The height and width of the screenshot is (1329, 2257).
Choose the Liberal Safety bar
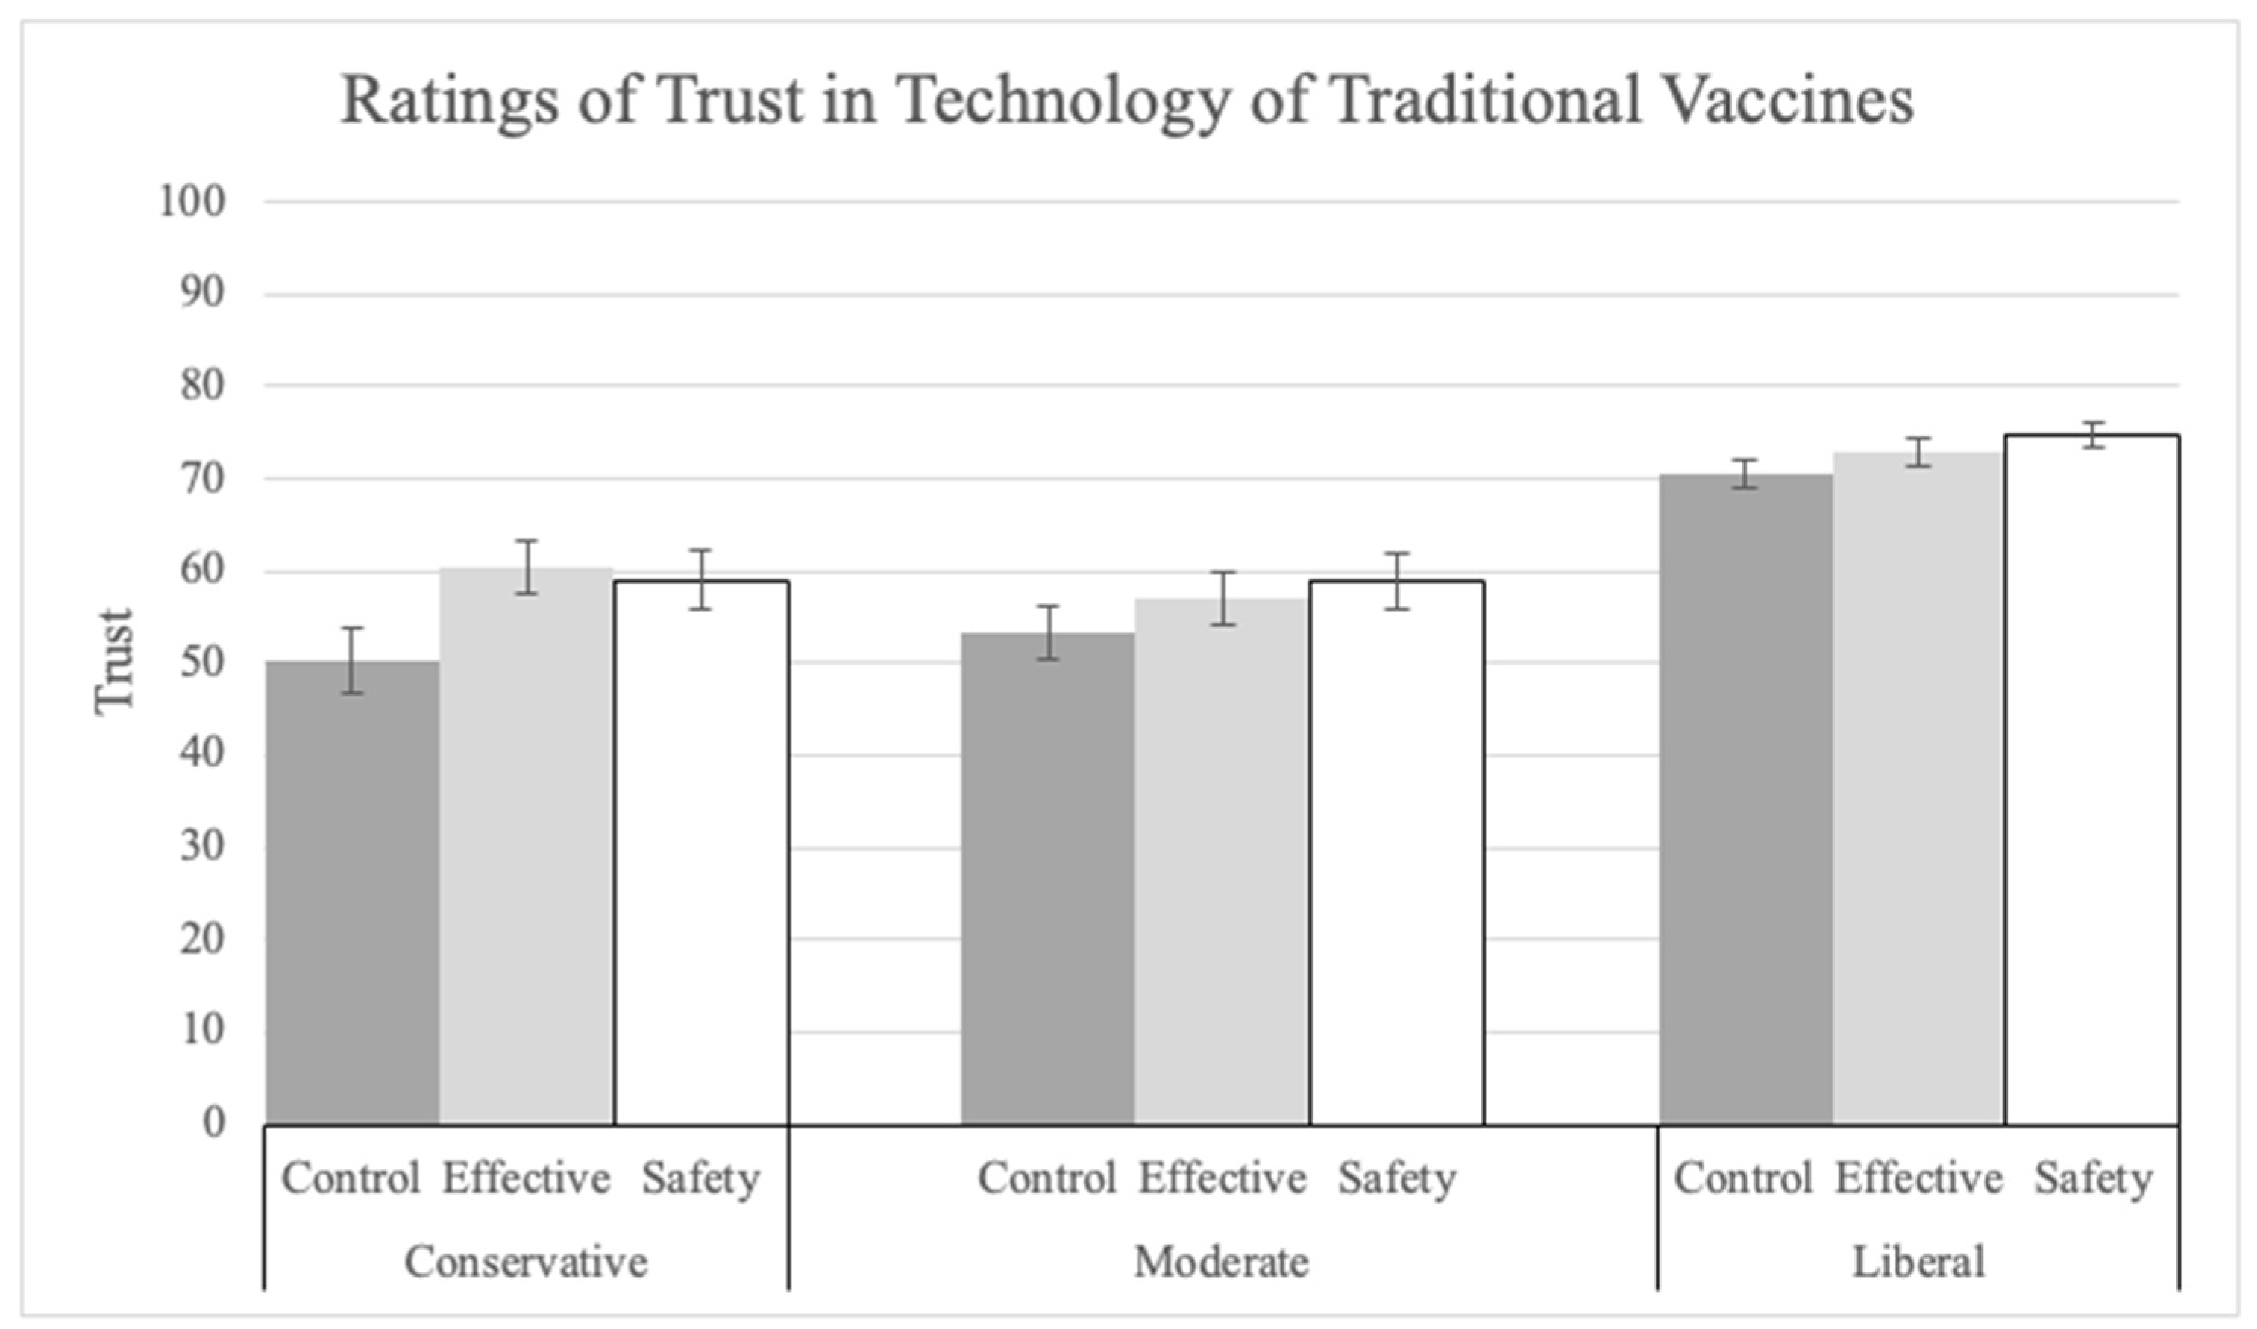2092,779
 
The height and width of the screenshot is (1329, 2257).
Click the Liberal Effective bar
1918,788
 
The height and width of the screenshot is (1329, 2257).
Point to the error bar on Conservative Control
353,660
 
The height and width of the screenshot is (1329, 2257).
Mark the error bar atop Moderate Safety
1396,581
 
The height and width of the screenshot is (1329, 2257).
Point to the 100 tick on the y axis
192,201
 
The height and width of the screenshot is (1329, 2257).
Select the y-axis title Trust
114,661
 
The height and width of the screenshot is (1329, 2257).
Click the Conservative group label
526,1263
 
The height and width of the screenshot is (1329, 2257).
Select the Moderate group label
1222,1263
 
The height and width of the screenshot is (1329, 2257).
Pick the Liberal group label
1918,1263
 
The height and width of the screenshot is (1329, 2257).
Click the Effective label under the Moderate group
1222,1178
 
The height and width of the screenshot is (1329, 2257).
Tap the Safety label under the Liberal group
2092,1178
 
